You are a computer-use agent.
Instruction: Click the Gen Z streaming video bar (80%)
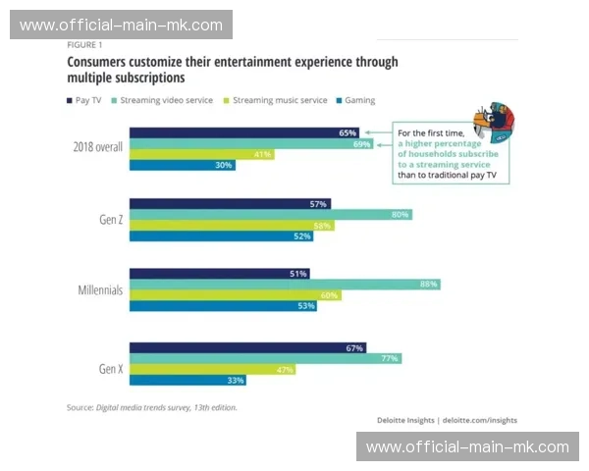coord(270,214)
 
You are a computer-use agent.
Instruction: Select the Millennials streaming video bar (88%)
coord(284,285)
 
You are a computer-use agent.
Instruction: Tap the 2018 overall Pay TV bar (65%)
coord(244,131)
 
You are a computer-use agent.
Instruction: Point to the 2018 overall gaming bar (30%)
coord(182,165)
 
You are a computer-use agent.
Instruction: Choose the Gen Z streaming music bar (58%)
coord(232,226)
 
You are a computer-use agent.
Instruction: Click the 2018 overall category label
coord(96,148)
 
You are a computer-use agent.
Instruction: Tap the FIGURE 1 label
coord(84,45)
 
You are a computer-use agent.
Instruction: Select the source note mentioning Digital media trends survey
coord(151,407)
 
